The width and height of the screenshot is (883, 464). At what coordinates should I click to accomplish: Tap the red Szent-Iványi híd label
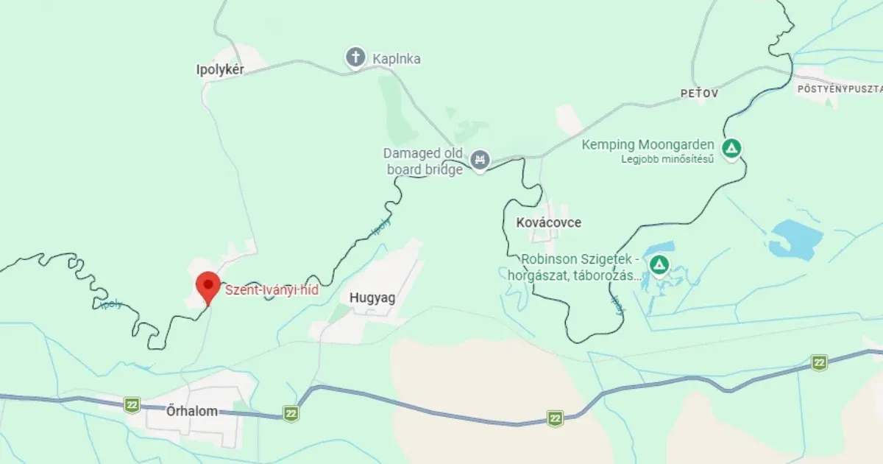[271, 290]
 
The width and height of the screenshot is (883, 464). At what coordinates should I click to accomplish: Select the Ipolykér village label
[220, 69]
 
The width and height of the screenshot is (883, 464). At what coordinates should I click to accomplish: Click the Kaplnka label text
[397, 58]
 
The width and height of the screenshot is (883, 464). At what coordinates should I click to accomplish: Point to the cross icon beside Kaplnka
[355, 57]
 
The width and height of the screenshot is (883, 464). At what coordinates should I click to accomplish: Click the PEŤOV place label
[699, 94]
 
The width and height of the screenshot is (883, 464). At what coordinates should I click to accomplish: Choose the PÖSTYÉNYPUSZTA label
[840, 88]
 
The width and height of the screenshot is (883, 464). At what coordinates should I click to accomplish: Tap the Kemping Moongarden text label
[648, 144]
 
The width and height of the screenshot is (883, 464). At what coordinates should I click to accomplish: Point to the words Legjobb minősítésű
[667, 158]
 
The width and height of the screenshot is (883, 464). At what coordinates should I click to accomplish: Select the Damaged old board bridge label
[422, 161]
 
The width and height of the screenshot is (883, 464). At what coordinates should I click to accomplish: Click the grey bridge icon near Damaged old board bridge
[480, 159]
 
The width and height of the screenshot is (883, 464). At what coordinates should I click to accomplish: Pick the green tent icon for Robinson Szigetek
[659, 264]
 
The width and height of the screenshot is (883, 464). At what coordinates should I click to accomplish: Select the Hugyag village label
[372, 298]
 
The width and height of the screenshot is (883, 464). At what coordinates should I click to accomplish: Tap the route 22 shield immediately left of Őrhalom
[132, 404]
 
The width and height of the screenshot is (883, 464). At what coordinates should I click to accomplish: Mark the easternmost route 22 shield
[819, 362]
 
